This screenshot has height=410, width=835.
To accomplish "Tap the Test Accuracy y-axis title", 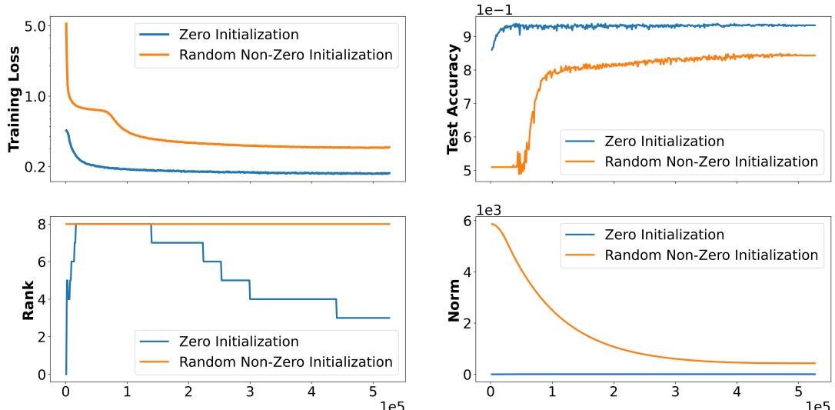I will coord(454,98).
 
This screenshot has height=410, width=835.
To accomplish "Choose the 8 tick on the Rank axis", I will coord(45,224).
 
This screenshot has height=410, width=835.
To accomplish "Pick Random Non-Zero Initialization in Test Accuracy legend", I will coord(710,162).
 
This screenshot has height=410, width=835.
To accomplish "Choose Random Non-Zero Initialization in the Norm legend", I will coord(710,255).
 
